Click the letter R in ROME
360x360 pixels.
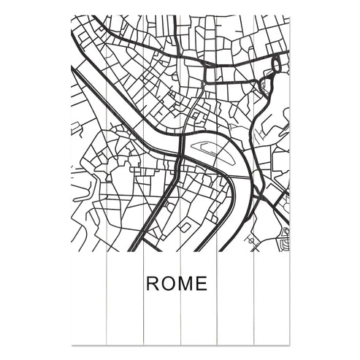(x=153, y=283)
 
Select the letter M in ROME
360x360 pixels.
(x=186, y=283)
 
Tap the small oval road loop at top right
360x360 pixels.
(x=276, y=65)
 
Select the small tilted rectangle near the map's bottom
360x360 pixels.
(x=185, y=227)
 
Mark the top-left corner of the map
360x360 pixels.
(x=72, y=15)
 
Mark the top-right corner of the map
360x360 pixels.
(x=290, y=15)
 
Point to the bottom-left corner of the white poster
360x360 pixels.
(x=72, y=343)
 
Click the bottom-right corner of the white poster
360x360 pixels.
(x=290, y=343)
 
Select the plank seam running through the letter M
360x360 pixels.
(x=180, y=283)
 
